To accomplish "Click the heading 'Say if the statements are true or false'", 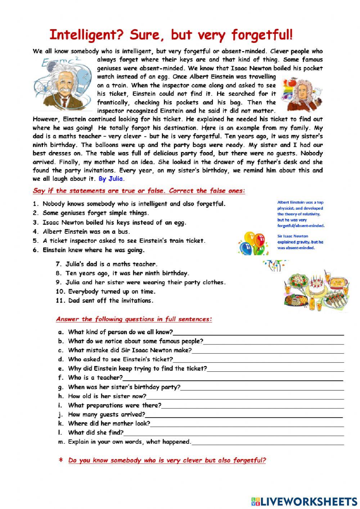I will point(139,191).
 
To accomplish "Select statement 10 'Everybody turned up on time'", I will point(111,291).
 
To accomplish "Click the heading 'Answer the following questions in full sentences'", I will point(134,319).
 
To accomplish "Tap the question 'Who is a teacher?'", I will point(95,378).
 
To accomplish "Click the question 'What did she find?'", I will point(95,433).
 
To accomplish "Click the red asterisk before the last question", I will point(61,460).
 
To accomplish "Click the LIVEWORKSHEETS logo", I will point(305,501).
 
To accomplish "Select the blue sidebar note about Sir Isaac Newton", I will point(300,242).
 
